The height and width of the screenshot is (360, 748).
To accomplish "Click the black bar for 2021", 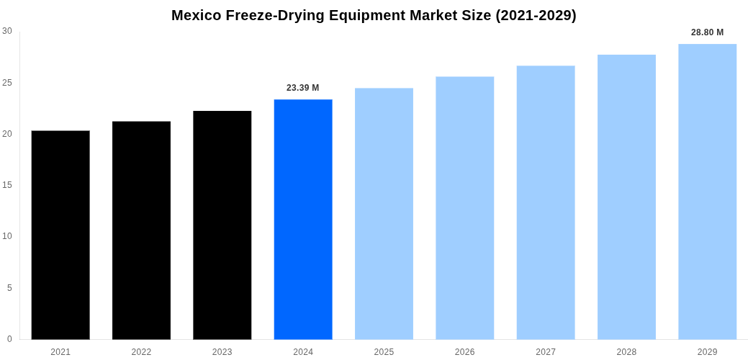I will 60,235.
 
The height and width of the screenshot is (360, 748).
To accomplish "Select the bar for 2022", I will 141,230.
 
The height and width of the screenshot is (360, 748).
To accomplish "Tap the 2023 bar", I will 222,225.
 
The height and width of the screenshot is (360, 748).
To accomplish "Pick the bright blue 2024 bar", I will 303,219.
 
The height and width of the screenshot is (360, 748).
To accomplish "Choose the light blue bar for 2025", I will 384,214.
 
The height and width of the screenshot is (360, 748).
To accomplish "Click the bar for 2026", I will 465,208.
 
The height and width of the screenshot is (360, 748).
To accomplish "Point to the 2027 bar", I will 546,202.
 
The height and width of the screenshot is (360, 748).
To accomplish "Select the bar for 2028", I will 626,197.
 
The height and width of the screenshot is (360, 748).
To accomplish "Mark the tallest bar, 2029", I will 708,192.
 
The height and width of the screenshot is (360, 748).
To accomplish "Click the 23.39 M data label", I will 303,88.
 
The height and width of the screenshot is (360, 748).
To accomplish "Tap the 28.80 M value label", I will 708,32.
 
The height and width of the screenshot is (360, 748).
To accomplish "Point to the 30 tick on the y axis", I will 7,31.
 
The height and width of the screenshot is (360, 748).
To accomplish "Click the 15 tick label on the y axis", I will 7,185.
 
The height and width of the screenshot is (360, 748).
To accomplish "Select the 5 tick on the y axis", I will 9,288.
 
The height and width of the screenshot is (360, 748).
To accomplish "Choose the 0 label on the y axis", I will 9,339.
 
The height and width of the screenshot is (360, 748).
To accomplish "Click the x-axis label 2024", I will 303,352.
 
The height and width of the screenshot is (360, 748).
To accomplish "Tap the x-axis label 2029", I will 708,352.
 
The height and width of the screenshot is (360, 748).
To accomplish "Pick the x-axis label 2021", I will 60,352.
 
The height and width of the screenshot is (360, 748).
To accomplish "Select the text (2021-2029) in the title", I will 536,15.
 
